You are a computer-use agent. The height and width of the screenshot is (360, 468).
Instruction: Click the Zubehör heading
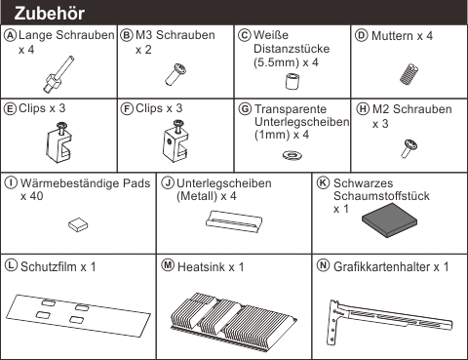[x=50, y=14]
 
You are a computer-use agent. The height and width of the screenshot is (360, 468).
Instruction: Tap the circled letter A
[x=10, y=35]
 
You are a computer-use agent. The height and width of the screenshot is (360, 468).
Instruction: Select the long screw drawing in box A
[x=58, y=74]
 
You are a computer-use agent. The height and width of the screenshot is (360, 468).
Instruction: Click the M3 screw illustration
[x=175, y=74]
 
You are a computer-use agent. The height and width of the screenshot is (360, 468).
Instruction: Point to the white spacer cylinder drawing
[x=292, y=82]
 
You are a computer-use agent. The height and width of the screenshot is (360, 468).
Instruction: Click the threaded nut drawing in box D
[x=409, y=74]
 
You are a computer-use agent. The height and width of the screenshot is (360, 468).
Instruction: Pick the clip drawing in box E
[x=58, y=142]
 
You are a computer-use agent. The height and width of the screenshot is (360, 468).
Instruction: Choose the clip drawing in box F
[x=175, y=141]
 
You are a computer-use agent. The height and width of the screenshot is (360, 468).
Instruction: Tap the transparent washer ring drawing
[x=292, y=155]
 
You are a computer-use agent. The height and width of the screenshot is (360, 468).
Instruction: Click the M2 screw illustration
[x=409, y=148]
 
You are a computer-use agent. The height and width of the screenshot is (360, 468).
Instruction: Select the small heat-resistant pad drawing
[x=78, y=224]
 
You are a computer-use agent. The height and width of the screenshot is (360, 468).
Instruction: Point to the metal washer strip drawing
[x=234, y=221]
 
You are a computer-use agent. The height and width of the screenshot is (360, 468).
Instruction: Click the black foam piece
[x=389, y=220]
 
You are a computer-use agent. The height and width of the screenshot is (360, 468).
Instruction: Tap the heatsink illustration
[x=233, y=322]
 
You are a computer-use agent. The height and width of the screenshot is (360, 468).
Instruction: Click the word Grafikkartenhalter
[x=381, y=267]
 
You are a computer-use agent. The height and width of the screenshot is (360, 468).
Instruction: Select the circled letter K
[x=323, y=182]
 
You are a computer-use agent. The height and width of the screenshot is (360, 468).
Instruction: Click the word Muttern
[x=393, y=35]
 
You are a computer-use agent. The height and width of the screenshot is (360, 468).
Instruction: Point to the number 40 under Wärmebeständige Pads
[x=36, y=196]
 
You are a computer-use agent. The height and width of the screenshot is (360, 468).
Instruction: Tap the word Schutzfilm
[x=49, y=267]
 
